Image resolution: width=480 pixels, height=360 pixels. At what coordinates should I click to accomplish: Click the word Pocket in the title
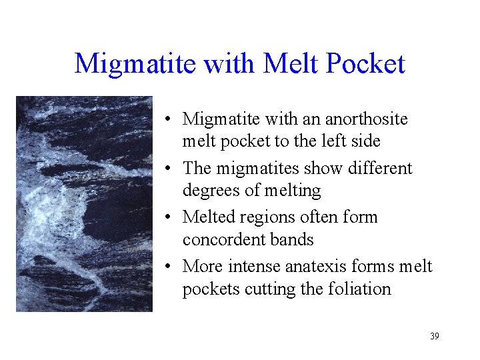point(368,64)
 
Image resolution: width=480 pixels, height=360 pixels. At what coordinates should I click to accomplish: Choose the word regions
point(268,217)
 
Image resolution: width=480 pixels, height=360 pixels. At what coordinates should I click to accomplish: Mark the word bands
point(295,239)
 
